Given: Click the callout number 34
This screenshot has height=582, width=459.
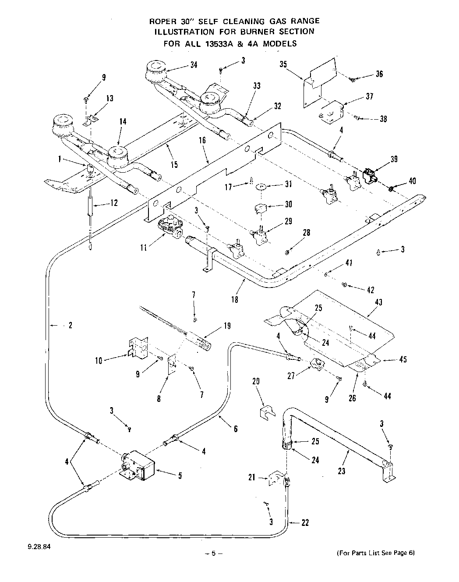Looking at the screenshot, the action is coord(194,64).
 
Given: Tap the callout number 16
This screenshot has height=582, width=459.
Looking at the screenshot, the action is coord(202,140).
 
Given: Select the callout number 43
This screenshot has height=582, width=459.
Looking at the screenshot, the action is coord(378,302).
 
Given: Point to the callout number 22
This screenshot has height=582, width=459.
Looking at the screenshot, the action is coord(305,522).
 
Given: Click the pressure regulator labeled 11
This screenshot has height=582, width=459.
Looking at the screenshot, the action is coord(170,227).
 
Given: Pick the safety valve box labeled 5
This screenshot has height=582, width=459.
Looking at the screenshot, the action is coord(138,466).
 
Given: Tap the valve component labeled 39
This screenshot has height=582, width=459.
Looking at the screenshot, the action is coord(371,176).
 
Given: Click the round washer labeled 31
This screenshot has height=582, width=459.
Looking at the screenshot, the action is coord(261,186).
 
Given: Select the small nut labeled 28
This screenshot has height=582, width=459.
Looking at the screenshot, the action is coord(287,252).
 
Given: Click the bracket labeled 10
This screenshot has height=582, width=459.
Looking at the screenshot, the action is coord(138,348).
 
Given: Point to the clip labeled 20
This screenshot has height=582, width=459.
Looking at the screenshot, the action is coord(267,412).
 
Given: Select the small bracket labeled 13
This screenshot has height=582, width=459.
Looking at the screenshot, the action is coord(90,121).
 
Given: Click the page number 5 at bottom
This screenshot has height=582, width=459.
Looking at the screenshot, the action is coord(214,553).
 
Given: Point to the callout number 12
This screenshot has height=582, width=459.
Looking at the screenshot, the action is coord(114,203).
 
